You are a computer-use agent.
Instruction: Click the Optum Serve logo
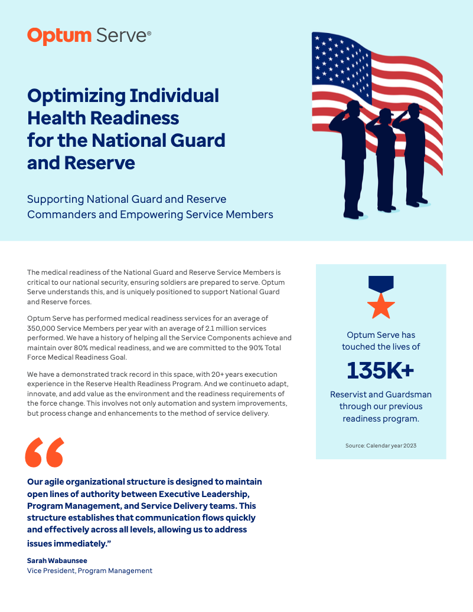click(x=89, y=36)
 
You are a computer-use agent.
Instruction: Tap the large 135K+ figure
click(x=380, y=370)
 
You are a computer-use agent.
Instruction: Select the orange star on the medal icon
click(x=381, y=306)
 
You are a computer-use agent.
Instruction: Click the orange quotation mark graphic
click(x=44, y=453)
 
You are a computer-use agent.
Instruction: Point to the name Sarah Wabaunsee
click(x=57, y=561)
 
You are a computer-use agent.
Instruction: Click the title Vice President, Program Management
click(x=90, y=571)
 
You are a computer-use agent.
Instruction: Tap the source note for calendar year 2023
click(x=381, y=446)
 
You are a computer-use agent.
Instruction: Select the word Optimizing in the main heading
click(x=76, y=96)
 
